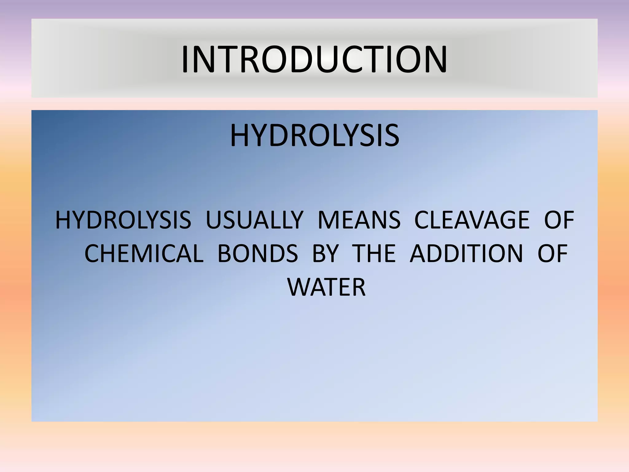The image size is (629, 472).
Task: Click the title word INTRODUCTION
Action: click(x=314, y=60)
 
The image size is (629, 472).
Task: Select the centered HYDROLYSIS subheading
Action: click(x=314, y=136)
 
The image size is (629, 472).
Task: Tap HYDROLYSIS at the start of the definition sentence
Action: click(x=123, y=220)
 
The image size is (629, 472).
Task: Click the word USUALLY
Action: click(x=255, y=220)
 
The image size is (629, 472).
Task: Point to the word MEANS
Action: click(x=359, y=220)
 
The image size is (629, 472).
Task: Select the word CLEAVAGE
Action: click(x=472, y=220)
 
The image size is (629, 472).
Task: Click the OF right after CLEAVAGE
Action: click(x=559, y=220)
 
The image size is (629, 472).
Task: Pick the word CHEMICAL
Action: click(x=144, y=254)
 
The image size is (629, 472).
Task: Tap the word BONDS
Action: click(x=258, y=254)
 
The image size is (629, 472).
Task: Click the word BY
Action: click(x=325, y=254)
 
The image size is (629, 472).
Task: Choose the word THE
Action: click(x=375, y=254)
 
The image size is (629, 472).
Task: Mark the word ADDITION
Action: click(x=466, y=254)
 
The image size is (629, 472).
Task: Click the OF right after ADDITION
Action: click(x=552, y=254)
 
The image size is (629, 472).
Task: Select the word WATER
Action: click(x=326, y=287)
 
